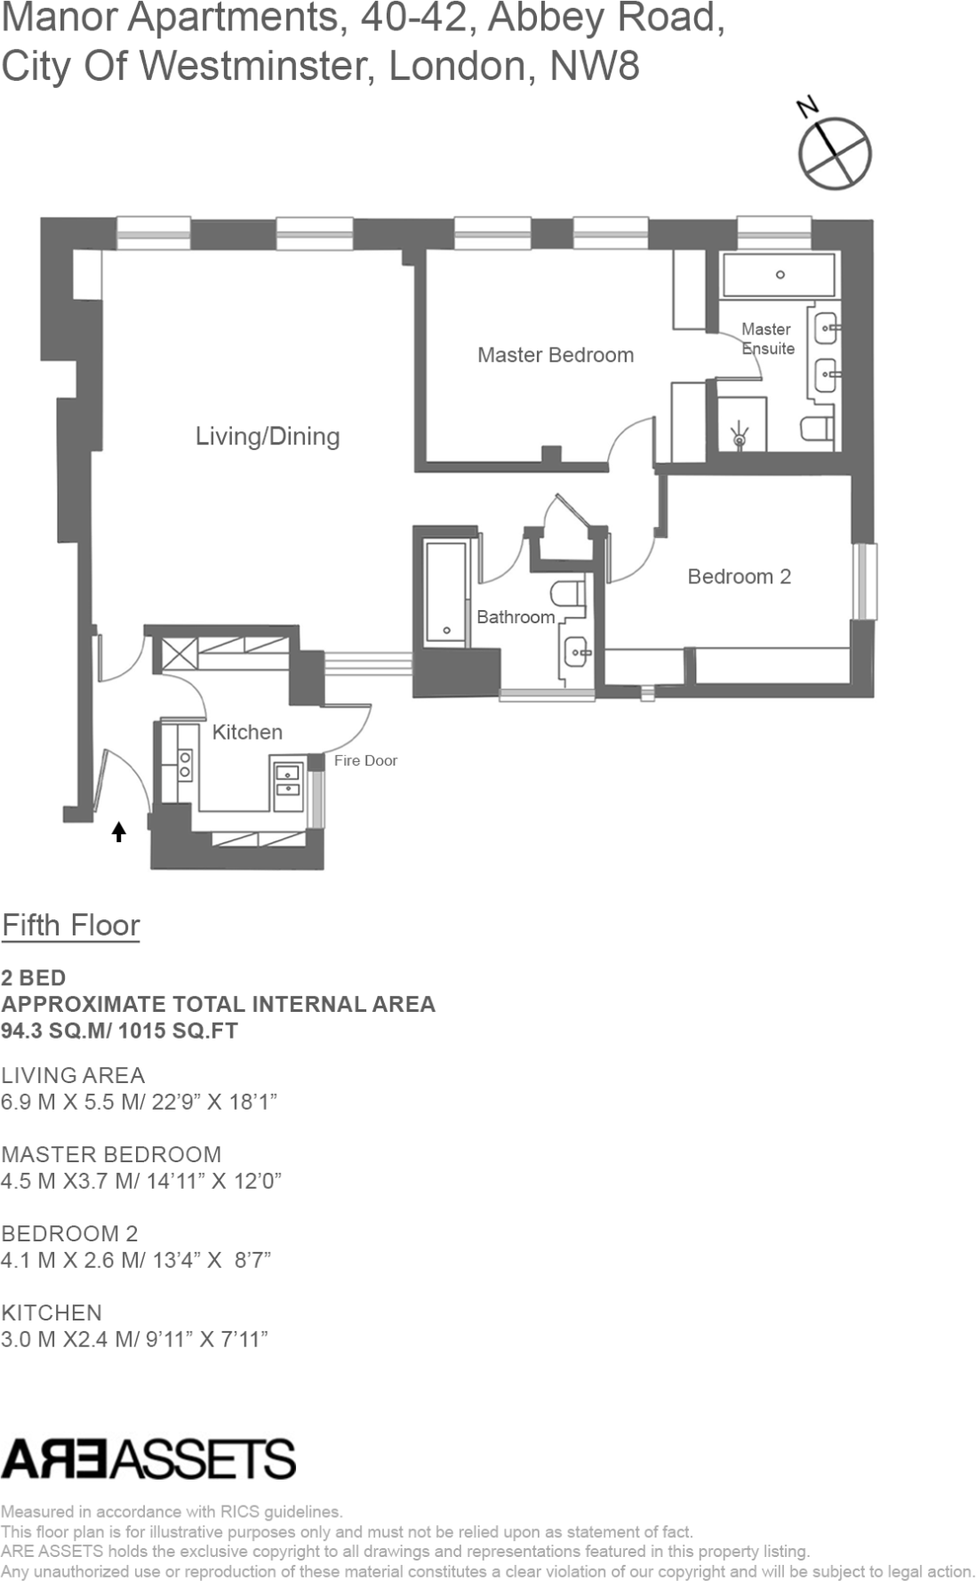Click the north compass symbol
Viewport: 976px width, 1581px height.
(x=835, y=152)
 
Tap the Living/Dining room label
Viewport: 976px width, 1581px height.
(x=268, y=437)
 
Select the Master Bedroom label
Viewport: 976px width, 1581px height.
(x=556, y=355)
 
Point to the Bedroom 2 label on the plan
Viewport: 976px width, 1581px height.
(x=739, y=576)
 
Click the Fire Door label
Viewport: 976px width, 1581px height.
(x=365, y=760)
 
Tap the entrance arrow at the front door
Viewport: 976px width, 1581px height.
(x=118, y=832)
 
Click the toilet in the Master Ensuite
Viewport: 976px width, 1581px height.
(x=817, y=429)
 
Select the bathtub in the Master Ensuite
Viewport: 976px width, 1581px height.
(x=780, y=275)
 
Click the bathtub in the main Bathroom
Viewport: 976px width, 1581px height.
(x=446, y=591)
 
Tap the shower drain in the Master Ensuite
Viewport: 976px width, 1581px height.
(x=740, y=437)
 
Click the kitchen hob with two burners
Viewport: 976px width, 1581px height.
(x=185, y=765)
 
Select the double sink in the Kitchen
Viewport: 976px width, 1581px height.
(x=288, y=780)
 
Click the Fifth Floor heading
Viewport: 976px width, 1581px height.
(x=71, y=925)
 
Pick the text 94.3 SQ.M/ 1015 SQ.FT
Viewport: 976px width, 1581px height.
(x=120, y=1031)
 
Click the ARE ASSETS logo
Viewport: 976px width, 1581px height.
(x=148, y=1459)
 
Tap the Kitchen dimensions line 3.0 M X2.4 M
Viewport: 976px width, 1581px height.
(x=134, y=1338)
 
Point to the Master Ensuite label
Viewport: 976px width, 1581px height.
(x=767, y=339)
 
